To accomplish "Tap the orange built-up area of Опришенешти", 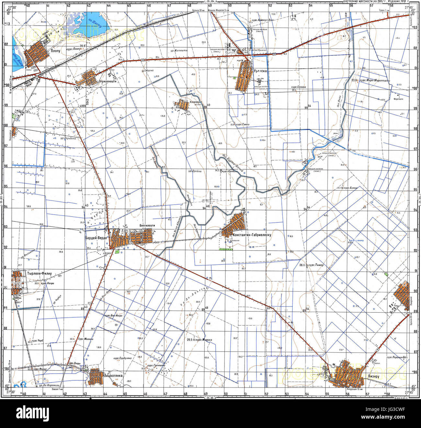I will [88, 78].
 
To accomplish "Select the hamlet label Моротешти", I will [400, 99].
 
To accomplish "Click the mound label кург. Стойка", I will [298, 87].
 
